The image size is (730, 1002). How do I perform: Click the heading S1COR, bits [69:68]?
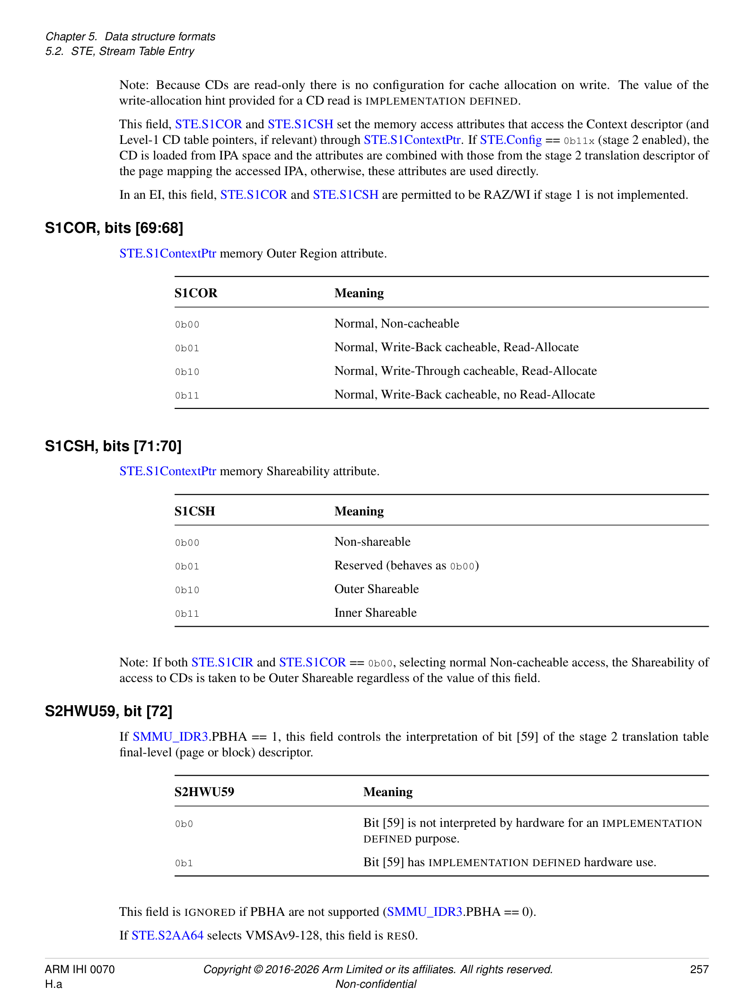coord(114,228)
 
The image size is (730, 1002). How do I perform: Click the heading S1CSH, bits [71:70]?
coord(113,446)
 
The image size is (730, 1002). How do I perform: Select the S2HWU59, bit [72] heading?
coord(108,711)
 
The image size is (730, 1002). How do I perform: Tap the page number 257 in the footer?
coord(699,969)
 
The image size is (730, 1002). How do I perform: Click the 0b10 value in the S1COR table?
coord(187,372)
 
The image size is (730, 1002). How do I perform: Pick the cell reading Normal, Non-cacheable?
coord(396,324)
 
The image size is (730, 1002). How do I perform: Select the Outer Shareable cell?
coord(376,589)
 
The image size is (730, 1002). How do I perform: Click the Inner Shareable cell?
coord(375,613)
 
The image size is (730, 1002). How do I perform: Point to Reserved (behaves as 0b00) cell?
coord(406,566)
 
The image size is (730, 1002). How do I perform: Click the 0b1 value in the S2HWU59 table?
coord(184,863)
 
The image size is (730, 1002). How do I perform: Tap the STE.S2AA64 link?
coord(167,936)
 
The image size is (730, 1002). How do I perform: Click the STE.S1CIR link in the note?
coord(222,663)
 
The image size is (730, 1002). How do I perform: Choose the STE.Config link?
coord(510,140)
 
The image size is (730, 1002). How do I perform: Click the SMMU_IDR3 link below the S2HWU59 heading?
coord(170,737)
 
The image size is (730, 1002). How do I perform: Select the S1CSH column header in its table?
coord(194,511)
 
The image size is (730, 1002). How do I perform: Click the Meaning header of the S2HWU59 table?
coord(387,792)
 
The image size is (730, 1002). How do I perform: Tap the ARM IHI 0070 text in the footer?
coord(79,969)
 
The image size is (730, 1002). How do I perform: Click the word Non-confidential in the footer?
coord(376,984)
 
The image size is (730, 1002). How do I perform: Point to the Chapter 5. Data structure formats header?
coord(130,36)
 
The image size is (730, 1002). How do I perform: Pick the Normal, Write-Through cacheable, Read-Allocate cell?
coord(465,371)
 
